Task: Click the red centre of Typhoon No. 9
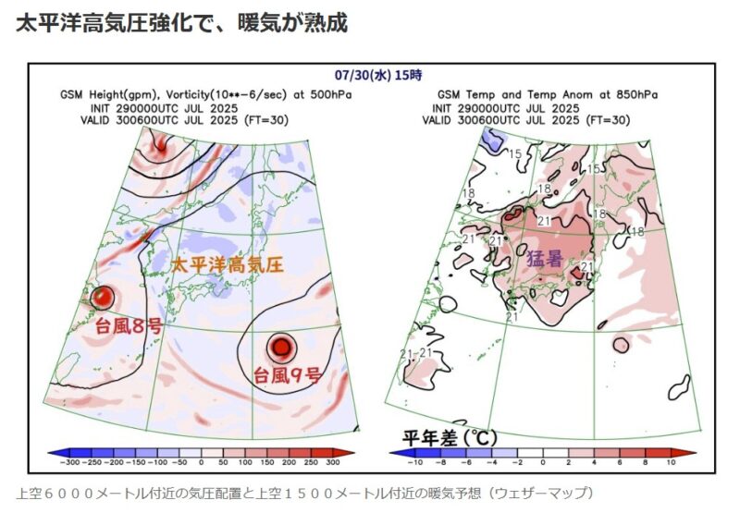[x=280, y=348]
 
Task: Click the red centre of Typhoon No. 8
[x=104, y=298]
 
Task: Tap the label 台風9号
[x=288, y=375]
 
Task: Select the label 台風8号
[x=129, y=325]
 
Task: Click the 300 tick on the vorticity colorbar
[x=332, y=460]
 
